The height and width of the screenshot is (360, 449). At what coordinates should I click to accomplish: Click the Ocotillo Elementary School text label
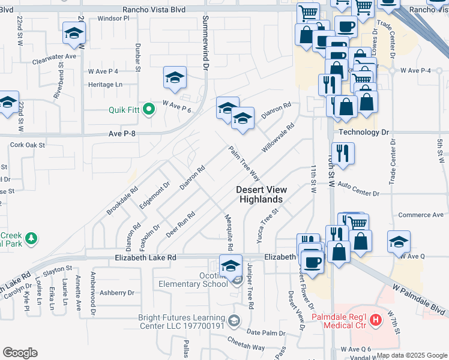click(x=193, y=278)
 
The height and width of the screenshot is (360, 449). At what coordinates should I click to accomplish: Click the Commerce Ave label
click(x=420, y=215)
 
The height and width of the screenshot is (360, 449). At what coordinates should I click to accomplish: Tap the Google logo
click(x=20, y=353)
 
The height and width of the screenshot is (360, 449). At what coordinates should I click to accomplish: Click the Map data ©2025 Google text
click(x=412, y=355)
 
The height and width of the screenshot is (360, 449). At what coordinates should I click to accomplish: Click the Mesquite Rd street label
click(x=229, y=233)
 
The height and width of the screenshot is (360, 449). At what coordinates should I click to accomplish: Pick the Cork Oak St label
click(x=28, y=145)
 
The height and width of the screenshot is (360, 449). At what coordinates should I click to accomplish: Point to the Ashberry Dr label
click(x=116, y=293)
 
